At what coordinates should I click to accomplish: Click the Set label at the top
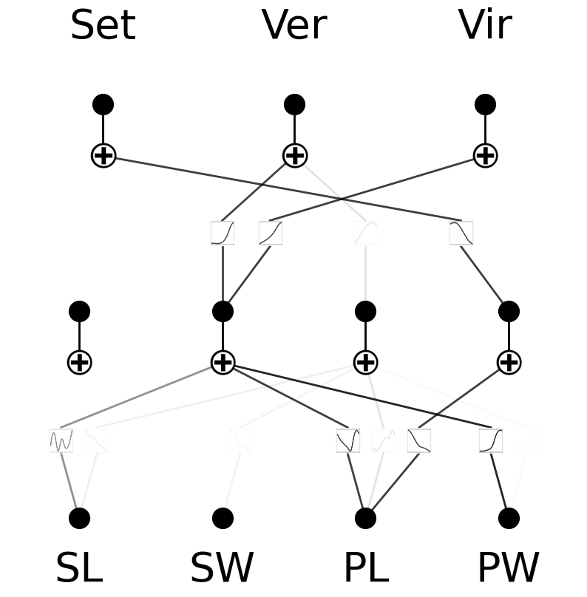coord(103,27)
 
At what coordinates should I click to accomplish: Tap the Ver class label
coord(294,27)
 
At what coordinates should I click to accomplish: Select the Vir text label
coord(485,27)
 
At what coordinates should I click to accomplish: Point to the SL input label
coord(79,569)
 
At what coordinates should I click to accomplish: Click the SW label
coord(222,569)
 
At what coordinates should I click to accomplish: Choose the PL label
coord(365,569)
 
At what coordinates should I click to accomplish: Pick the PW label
coord(508,569)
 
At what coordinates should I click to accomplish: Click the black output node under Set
coord(103,104)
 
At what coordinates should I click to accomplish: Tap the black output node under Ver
coord(294,104)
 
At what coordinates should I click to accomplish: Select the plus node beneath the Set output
coord(103,155)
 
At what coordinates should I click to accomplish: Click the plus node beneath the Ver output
coord(294,155)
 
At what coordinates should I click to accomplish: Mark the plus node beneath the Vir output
coord(485,155)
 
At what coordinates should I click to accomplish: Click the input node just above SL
coord(79,518)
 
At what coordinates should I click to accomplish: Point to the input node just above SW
coord(223,518)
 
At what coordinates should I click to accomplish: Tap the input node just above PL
coord(365,518)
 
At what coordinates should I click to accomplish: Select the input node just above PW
coord(509,518)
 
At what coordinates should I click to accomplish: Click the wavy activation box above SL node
coord(61,440)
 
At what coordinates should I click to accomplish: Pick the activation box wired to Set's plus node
coord(461,233)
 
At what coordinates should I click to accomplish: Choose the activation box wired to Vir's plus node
coord(271,233)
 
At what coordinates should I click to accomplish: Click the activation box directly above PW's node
coord(491,440)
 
